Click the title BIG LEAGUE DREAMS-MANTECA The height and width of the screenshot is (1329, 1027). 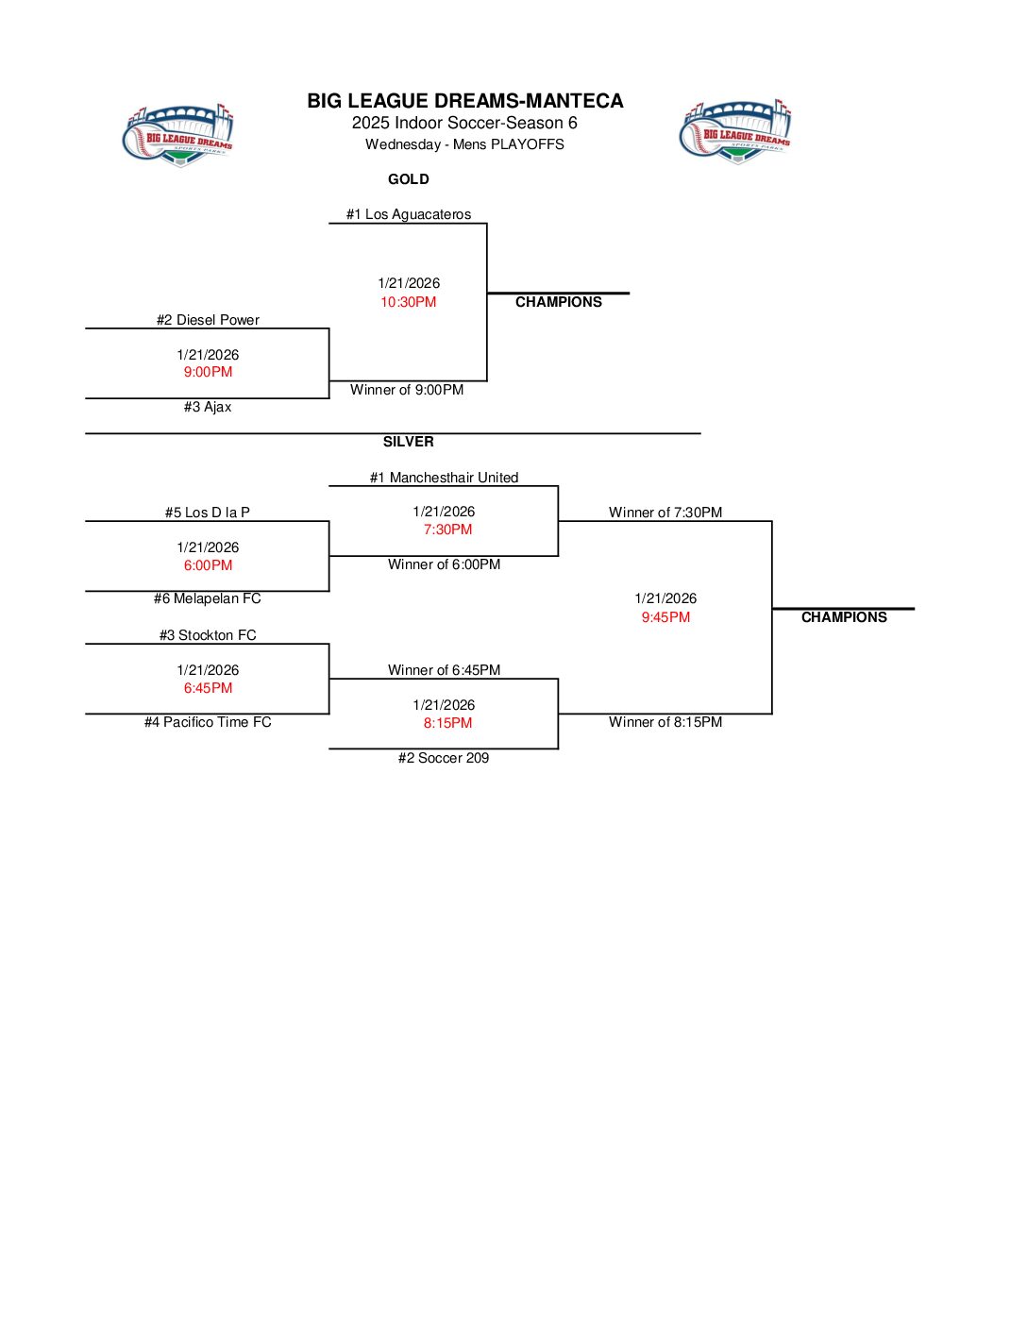(x=464, y=101)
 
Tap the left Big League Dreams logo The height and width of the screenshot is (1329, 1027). (x=178, y=136)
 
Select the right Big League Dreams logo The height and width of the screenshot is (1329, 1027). (x=735, y=132)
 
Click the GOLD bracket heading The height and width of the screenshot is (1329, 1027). (x=409, y=179)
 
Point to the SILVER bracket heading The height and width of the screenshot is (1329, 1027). (x=409, y=442)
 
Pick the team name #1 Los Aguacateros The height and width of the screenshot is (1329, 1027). (x=409, y=214)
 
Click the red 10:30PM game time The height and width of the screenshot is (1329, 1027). (x=409, y=302)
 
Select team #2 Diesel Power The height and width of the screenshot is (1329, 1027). (x=208, y=320)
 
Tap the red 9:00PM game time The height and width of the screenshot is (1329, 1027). (x=208, y=372)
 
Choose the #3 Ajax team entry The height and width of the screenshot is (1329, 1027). (x=208, y=407)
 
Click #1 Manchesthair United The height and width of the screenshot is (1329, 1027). (x=444, y=478)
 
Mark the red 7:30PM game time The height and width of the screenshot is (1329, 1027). (x=447, y=530)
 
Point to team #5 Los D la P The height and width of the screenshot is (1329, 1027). (x=208, y=513)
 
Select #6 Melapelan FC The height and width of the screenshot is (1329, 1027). (x=208, y=598)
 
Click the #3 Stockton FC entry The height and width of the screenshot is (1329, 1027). (x=208, y=635)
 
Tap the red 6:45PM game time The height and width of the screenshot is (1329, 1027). (x=208, y=688)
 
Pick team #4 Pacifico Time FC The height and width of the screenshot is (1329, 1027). (x=208, y=722)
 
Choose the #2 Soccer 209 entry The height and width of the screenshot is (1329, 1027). (x=444, y=758)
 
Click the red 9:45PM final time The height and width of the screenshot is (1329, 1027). (x=665, y=617)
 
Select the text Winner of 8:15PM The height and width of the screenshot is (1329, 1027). (x=665, y=722)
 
